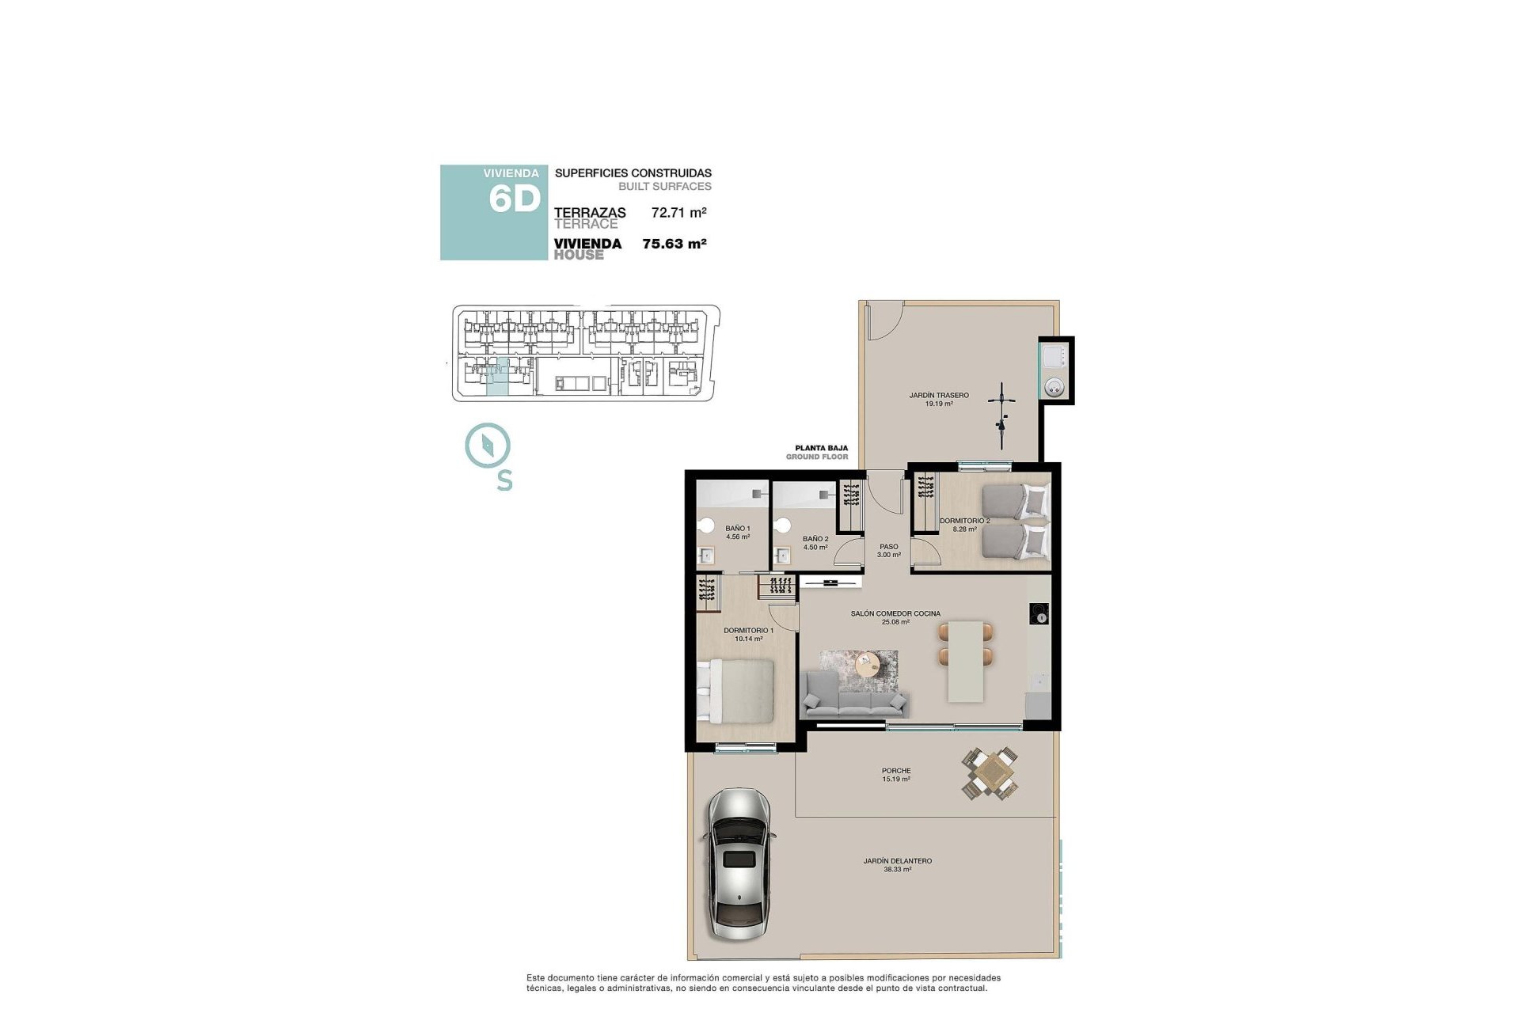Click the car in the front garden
(x=738, y=864)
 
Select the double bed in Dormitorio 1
(x=735, y=691)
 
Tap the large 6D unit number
(x=515, y=199)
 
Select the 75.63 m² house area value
(x=674, y=244)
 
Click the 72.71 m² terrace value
(x=678, y=212)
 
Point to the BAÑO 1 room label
(x=737, y=532)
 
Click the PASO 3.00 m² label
(x=888, y=550)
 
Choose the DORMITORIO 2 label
(x=963, y=525)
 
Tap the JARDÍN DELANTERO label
(x=897, y=864)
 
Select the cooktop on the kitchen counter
(x=1039, y=613)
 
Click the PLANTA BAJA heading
(x=821, y=448)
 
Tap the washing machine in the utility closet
(x=1054, y=387)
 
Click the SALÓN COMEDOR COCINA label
(x=895, y=617)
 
